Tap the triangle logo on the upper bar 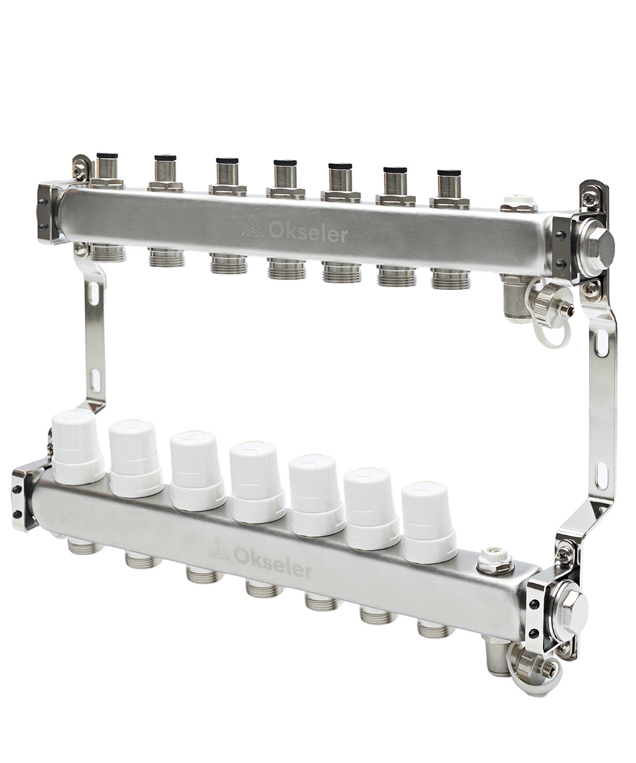(252, 226)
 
